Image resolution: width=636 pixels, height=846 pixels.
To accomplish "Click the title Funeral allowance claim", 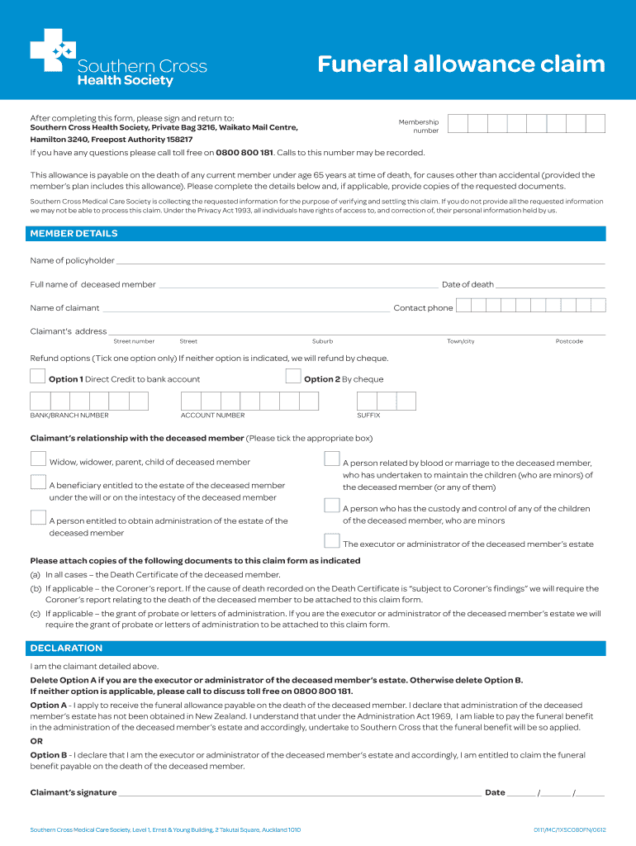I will tap(462, 64).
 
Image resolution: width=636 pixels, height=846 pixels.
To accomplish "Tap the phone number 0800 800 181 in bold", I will tap(244, 153).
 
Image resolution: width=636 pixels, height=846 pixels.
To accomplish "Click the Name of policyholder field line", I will tap(359, 262).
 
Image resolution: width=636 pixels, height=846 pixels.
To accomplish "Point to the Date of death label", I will tap(468, 284).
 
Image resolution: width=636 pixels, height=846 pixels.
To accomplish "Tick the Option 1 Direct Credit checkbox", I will tap(38, 377).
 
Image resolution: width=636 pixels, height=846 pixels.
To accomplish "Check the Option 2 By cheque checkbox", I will tap(293, 377).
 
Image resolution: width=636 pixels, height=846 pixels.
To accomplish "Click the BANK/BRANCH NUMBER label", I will tap(69, 416).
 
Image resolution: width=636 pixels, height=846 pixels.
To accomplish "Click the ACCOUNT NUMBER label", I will tap(212, 416).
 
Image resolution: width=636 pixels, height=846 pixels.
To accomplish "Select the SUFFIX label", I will tap(368, 416).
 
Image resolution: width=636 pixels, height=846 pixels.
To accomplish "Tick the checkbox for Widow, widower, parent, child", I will tap(38, 459).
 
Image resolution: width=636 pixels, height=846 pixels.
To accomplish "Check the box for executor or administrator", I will tap(332, 542).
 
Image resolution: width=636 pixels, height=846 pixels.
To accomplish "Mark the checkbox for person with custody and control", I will tap(332, 506).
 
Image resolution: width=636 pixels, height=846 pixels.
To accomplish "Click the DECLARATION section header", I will tap(67, 648).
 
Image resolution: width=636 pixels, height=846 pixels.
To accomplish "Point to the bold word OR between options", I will tap(36, 741).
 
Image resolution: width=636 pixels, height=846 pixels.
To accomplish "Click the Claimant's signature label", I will tap(74, 792).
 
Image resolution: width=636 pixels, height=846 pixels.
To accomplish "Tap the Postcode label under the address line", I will tap(569, 341).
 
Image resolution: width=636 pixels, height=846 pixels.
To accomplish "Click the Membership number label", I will tap(419, 126).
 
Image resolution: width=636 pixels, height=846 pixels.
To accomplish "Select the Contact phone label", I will tap(423, 308).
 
